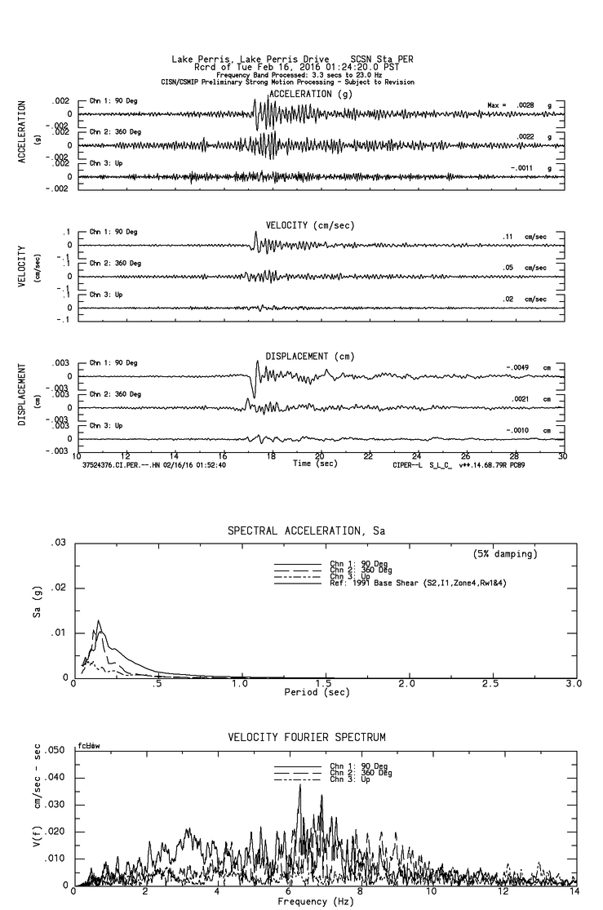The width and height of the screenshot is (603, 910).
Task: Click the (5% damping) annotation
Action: coord(506,554)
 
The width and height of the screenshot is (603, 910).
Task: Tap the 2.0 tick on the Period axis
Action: coord(407,683)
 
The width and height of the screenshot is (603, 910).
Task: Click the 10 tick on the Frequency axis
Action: coord(432,892)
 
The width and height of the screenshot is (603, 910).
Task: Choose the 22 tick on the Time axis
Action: coord(369,455)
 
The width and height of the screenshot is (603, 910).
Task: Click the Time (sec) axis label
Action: coord(315,464)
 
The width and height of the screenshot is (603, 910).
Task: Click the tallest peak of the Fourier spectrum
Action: coord(299,784)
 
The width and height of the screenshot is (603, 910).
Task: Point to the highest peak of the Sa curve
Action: coord(99,621)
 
